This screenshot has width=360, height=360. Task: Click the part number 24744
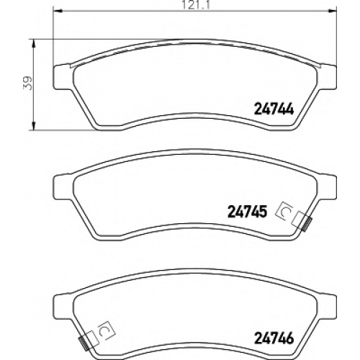point(274,110)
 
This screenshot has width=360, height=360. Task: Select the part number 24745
point(247,212)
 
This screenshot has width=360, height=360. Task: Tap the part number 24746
point(274,338)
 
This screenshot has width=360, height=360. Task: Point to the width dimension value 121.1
point(196,5)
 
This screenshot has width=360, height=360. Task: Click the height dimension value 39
point(27,83)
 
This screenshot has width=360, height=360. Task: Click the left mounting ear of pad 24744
point(63,77)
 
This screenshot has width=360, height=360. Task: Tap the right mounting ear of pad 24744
point(327,77)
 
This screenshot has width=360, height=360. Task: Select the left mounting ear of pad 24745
point(63,187)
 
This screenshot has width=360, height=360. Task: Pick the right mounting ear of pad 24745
point(327,187)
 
